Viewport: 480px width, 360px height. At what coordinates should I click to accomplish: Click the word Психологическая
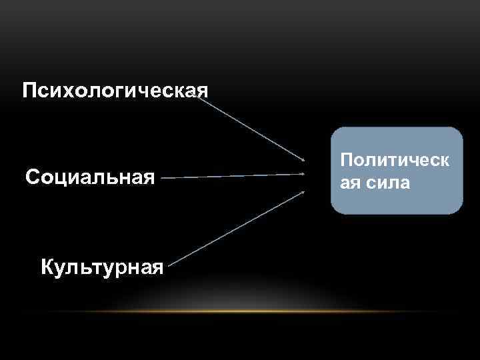115,89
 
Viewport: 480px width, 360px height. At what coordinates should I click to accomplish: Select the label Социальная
90,177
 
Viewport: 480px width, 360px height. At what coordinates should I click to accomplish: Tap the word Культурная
102,268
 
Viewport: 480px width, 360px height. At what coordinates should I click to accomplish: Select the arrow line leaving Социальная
233,177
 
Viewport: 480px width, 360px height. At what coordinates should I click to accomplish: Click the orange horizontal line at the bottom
267,311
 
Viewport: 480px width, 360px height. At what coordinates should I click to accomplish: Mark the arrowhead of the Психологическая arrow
303,160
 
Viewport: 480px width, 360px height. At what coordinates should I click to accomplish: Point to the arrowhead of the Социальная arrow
303,175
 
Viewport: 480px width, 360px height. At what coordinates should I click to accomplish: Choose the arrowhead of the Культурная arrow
303,192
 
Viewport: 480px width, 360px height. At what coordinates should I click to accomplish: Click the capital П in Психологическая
29,89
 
